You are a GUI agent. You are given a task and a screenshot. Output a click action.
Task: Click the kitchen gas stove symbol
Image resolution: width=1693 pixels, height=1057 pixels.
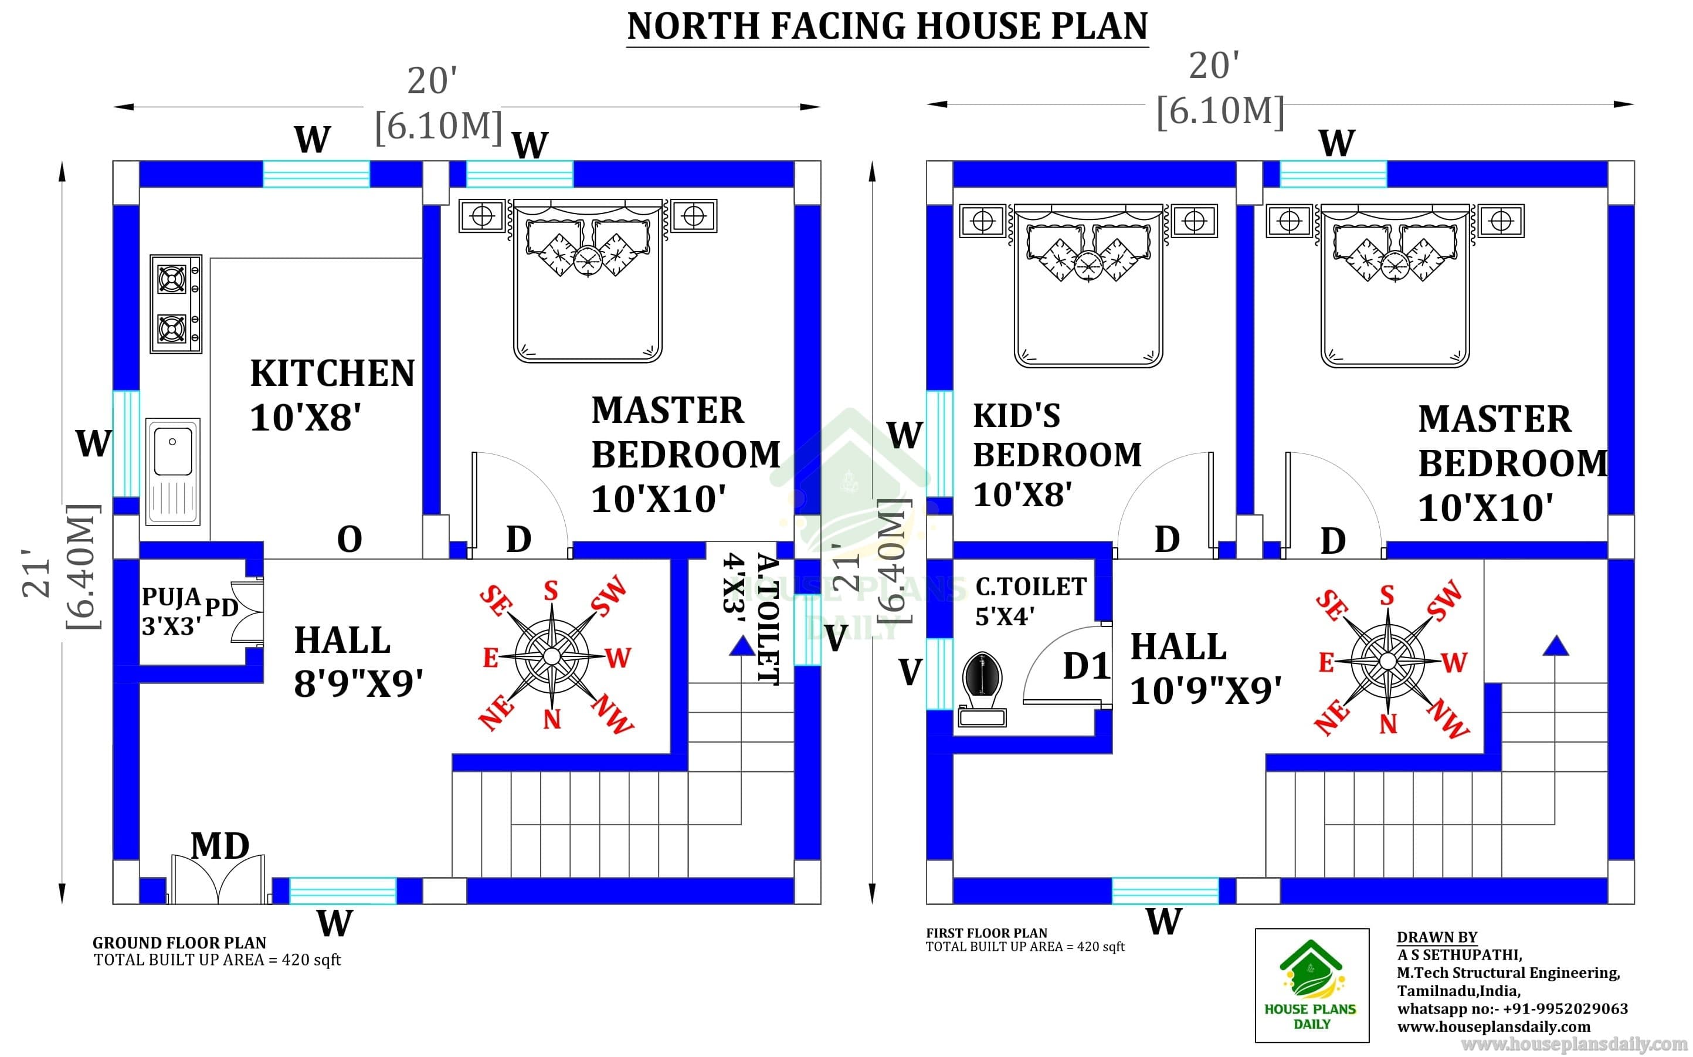pos(176,303)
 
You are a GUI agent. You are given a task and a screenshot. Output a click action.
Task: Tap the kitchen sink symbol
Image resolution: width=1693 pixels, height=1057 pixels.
pos(172,472)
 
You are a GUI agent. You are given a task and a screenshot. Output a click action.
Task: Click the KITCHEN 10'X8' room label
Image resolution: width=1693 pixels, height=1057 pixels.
pos(333,395)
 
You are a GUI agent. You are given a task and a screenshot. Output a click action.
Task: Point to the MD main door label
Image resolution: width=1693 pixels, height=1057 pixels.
pos(220,846)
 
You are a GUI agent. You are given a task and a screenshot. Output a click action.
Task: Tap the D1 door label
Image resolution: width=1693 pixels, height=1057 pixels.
pos(1087,666)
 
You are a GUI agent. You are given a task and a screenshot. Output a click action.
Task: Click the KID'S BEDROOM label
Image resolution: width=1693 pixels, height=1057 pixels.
pos(1057,435)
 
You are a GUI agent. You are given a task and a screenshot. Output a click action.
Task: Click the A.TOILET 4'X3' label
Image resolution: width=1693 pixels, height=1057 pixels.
pos(751,619)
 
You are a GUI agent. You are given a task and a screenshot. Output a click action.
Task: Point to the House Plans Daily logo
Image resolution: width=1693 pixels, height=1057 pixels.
pos(1311,985)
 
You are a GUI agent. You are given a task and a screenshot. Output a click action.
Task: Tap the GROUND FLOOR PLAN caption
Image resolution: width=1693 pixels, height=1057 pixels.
pos(179,943)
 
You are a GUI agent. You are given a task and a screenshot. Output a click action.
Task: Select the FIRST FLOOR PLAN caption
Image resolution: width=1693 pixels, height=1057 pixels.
pos(986,933)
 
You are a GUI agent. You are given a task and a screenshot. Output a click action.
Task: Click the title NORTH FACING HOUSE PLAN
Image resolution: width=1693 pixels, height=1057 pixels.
pos(887,26)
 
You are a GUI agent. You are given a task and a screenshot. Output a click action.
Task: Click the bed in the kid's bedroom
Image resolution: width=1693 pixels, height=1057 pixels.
pos(1088,285)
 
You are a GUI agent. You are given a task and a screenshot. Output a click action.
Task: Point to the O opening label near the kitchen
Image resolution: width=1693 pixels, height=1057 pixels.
pos(350,539)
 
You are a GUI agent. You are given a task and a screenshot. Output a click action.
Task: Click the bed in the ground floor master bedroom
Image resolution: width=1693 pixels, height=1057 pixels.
pos(588,281)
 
